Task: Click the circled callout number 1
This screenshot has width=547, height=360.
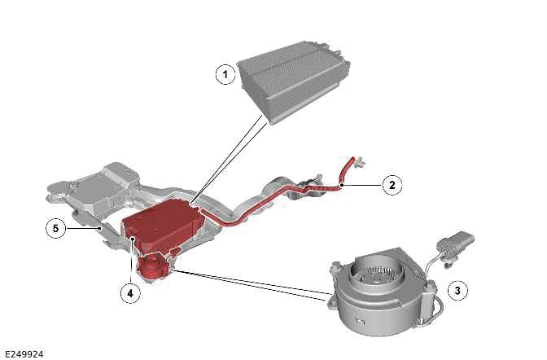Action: [225, 75]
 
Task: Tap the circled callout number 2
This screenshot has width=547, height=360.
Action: [392, 185]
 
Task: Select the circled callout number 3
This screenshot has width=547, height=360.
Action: [457, 290]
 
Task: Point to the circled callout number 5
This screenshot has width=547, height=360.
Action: [55, 229]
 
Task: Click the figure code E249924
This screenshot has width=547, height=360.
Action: [24, 354]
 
